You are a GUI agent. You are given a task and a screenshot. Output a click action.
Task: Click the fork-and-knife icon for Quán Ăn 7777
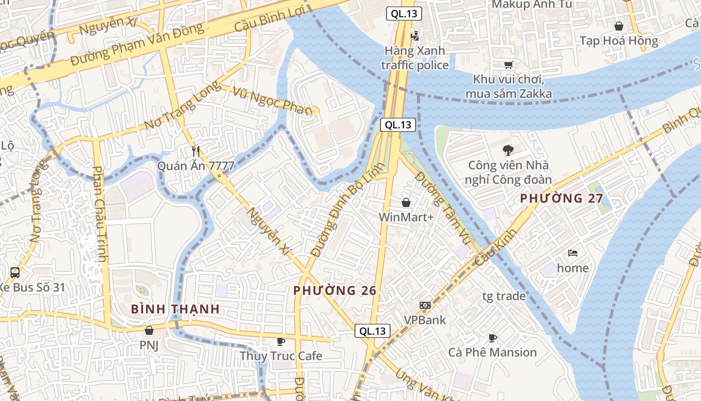pos(196,150)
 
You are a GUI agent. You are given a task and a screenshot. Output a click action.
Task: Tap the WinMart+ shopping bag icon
pos(406,203)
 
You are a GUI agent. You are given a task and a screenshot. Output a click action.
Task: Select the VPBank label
pos(425,319)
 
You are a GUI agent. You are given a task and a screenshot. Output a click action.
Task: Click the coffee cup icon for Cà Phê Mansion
pos(493,338)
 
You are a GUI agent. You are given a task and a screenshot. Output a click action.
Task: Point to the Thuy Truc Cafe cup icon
pos(281,341)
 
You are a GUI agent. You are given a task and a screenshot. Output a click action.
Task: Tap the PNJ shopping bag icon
pos(149,330)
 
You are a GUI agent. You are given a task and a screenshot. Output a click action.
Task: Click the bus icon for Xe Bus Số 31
pos(15,273)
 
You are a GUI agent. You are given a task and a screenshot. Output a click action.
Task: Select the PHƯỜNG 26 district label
pos(334,291)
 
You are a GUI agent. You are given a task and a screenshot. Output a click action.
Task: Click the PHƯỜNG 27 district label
pos(561,198)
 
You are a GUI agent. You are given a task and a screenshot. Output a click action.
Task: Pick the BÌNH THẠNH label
pos(175,309)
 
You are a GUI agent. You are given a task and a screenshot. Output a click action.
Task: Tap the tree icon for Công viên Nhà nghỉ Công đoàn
pos(508,150)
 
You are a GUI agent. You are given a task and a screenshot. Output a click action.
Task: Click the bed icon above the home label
pos(573,253)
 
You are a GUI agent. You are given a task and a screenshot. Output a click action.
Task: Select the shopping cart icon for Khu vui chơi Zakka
pos(508,65)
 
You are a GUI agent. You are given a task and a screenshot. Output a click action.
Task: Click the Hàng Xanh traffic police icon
pos(415,36)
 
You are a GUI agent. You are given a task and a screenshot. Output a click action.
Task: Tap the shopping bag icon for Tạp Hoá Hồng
pos(619,26)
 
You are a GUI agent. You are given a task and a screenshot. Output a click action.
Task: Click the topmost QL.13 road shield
pos(404,14)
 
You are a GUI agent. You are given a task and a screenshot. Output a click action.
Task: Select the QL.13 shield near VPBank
pos(373,331)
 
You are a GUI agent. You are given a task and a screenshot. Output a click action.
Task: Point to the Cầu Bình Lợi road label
pos(269,20)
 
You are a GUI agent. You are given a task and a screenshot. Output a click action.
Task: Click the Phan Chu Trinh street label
pos(100,215)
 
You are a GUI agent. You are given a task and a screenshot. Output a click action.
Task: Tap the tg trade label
pos(504,296)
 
